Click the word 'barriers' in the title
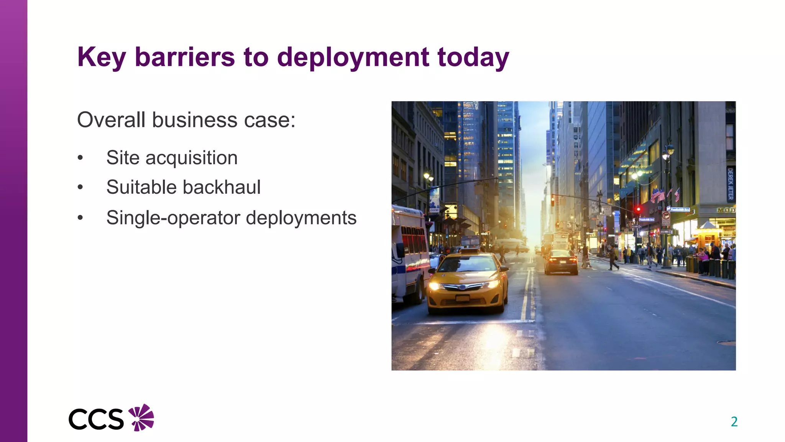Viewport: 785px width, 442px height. click(185, 57)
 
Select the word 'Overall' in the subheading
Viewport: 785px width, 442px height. click(112, 120)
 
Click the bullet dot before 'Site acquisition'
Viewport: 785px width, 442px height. click(80, 158)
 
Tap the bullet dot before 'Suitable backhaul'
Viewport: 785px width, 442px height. click(80, 187)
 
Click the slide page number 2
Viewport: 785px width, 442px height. click(734, 422)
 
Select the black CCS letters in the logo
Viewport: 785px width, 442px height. click(96, 419)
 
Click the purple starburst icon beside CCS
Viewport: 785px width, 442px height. click(141, 417)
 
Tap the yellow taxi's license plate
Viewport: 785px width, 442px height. click(462, 298)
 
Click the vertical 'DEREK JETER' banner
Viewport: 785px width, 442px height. click(730, 184)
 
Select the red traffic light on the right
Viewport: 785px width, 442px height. click(638, 209)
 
